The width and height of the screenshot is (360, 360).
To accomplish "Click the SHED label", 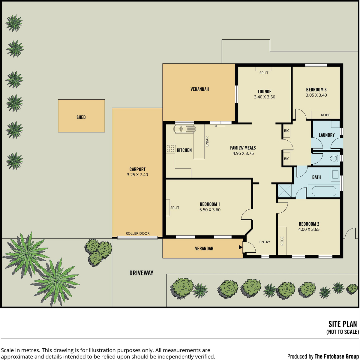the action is point(81,117).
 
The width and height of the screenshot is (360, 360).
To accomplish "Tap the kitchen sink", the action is point(184,129).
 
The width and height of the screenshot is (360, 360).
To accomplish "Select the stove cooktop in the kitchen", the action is point(171,148).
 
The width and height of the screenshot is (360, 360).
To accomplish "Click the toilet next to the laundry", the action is point(335,159).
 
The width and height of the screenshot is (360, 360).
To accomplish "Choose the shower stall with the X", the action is point(284,191).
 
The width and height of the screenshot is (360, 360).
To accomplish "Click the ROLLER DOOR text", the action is point(137,233).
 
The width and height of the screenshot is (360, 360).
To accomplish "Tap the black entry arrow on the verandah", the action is point(241,247).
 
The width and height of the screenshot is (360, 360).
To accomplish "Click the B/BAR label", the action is point(207,141).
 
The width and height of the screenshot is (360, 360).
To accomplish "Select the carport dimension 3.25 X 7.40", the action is point(137,175).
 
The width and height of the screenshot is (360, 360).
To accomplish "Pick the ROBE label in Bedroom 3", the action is point(325,115).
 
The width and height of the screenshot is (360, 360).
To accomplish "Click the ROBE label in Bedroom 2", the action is point(282,241).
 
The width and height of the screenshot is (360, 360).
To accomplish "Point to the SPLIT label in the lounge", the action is point(264,73).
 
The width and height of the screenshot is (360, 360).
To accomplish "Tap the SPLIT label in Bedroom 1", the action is point(175,208).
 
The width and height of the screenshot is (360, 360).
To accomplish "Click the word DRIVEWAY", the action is point(141,273).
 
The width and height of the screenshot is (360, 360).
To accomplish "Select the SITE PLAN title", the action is point(343,324).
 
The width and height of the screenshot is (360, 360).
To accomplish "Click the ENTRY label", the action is point(265,242).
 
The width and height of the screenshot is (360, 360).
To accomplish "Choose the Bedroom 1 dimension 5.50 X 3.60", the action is point(210,210).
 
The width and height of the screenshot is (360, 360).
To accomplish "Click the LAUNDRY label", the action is point(327,135).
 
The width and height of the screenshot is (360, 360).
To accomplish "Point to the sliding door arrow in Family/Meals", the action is point(220,126).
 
